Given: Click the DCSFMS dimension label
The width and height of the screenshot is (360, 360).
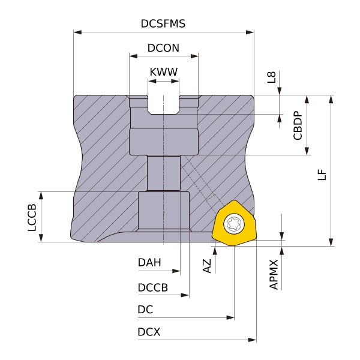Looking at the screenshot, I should click(163, 24).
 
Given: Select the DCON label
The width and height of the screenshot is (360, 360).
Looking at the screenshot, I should click(163, 48).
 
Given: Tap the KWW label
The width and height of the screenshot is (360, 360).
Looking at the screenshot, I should click(163, 72).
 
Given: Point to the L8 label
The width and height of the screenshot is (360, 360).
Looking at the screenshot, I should click(272, 77).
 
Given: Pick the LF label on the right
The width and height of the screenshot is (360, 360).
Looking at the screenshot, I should click(322, 174).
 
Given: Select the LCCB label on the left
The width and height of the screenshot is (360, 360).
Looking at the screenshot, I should click(32, 218).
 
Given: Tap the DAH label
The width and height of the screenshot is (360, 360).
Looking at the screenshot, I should click(149, 262).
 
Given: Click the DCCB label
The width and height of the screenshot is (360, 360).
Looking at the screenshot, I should click(152, 287).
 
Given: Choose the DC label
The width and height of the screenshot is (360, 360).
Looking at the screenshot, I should click(145, 310).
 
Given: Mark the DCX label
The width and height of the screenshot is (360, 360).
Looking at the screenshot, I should click(149, 332).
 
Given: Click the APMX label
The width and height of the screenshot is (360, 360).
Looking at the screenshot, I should click(274, 274).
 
